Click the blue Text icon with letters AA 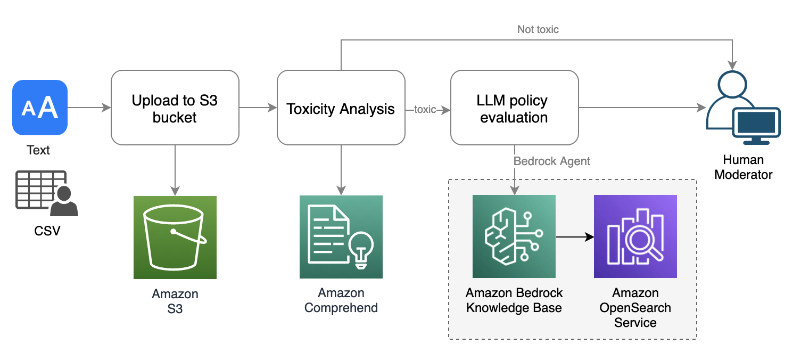40,108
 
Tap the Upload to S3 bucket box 175,108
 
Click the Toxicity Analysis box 341,108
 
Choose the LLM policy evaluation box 514,108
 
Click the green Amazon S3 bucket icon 175,237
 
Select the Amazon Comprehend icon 341,237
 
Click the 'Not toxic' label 538,29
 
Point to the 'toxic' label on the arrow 425,109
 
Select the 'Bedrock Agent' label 552,161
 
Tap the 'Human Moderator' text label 743,167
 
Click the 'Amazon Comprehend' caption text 341,300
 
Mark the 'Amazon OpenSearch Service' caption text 635,308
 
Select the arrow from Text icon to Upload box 89,108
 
